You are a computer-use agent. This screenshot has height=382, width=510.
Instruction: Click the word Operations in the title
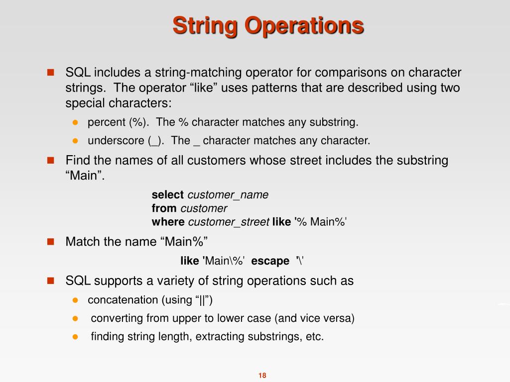(303, 26)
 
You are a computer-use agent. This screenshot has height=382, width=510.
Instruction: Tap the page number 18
(262, 376)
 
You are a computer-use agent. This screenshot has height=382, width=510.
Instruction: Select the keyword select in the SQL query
(168, 195)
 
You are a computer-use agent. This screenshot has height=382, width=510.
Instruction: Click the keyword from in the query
(164, 208)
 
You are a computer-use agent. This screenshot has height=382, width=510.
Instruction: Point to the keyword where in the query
(168, 222)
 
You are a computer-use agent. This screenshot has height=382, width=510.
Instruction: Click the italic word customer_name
(228, 195)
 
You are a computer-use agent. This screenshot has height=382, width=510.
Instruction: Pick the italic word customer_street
(229, 222)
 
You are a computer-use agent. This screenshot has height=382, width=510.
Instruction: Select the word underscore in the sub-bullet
(117, 141)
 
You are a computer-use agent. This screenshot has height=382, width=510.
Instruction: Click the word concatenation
(123, 300)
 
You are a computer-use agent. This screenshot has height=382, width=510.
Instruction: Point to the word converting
(114, 318)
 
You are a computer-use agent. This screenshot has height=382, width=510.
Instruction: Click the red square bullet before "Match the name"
(50, 242)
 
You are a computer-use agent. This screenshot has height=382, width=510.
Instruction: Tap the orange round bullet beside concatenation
(76, 300)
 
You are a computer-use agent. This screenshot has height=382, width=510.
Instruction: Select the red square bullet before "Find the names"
(50, 161)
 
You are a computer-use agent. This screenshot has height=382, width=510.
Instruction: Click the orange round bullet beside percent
(76, 122)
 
